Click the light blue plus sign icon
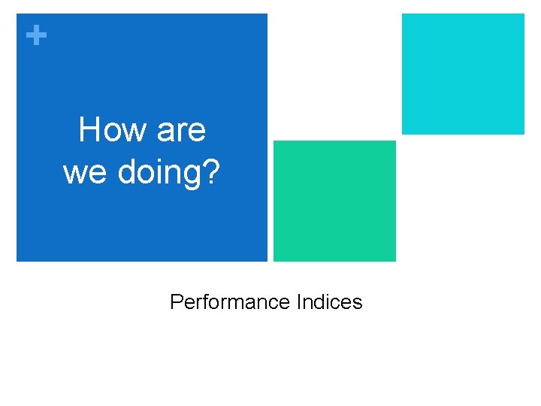36,35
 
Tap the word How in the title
113,129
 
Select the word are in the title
181,132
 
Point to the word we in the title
84,174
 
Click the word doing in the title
159,174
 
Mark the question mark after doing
210,171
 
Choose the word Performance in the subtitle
230,301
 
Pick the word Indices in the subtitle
330,301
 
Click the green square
334,201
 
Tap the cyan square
463,74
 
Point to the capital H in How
89,129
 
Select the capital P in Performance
177,301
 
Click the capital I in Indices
298,301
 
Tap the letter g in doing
192,177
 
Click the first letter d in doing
128,171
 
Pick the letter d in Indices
321,301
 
